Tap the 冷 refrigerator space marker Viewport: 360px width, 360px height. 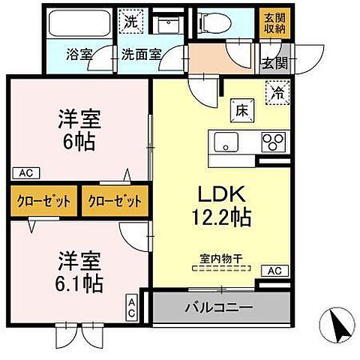276,94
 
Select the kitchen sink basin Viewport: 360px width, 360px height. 226,142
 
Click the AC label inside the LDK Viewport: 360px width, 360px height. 274,269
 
